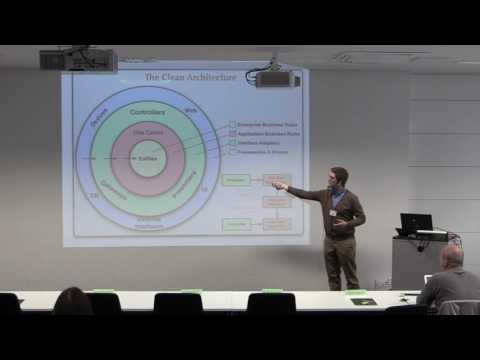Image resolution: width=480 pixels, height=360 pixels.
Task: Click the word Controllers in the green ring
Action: (x=148, y=113)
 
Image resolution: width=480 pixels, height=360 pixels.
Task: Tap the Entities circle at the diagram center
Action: (x=147, y=159)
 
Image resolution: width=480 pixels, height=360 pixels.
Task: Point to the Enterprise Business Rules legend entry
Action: (x=262, y=123)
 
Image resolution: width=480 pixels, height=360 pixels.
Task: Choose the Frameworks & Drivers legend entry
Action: (x=262, y=154)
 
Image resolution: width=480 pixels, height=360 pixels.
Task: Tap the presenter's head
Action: (x=340, y=177)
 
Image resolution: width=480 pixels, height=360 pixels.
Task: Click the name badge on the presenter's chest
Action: (x=334, y=211)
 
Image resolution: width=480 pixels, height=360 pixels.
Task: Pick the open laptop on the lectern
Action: (x=416, y=223)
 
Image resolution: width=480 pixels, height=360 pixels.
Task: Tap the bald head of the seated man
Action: (x=452, y=257)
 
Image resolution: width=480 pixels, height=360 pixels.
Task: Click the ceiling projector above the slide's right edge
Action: (x=276, y=78)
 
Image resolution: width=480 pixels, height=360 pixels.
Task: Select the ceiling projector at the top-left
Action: (x=78, y=59)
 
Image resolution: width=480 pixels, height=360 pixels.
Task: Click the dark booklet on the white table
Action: (x=362, y=300)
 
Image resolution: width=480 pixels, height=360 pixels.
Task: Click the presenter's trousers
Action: (x=340, y=262)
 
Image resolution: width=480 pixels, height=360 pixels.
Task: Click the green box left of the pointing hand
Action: (x=236, y=180)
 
